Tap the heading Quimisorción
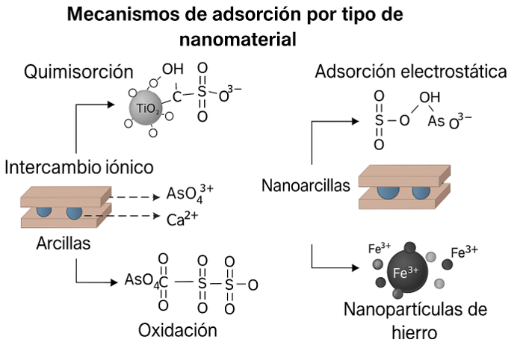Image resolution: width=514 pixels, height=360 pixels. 78,72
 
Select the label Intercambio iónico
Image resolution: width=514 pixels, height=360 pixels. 79,166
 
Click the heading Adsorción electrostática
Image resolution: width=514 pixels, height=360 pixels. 411,72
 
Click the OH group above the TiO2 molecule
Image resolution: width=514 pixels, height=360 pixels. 173,69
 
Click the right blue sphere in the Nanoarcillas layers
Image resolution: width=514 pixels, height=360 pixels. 427,190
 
